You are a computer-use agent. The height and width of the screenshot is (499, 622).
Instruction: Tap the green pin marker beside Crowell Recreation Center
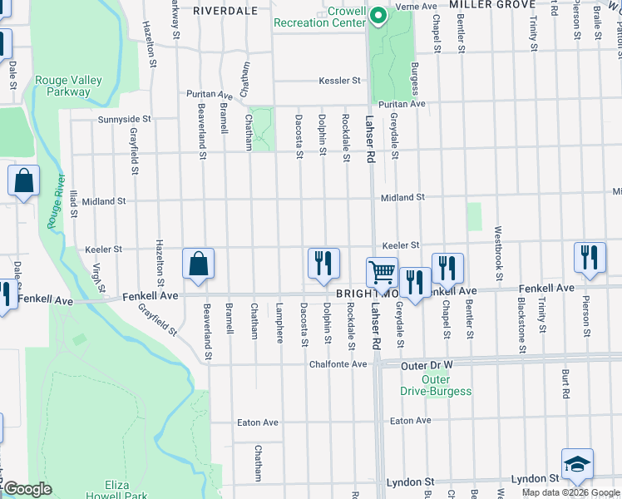(x=378, y=17)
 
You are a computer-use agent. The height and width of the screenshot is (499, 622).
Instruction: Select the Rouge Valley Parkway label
(x=68, y=86)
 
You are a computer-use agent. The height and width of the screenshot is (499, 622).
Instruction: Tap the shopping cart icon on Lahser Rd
(x=382, y=271)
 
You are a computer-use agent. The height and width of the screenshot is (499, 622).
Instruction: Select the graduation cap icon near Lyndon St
(x=577, y=464)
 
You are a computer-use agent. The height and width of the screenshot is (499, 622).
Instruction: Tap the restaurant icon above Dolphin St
(x=323, y=262)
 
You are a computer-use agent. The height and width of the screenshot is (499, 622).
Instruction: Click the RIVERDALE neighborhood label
(x=221, y=11)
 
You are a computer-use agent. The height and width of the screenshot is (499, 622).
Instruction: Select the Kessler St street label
(x=339, y=81)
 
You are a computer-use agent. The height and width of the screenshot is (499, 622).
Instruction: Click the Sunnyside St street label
(x=125, y=119)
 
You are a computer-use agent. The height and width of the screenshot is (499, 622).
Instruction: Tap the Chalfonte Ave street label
(x=338, y=364)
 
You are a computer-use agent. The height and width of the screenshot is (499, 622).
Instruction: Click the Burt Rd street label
(x=565, y=381)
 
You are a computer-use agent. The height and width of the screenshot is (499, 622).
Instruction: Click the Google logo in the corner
(x=27, y=489)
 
